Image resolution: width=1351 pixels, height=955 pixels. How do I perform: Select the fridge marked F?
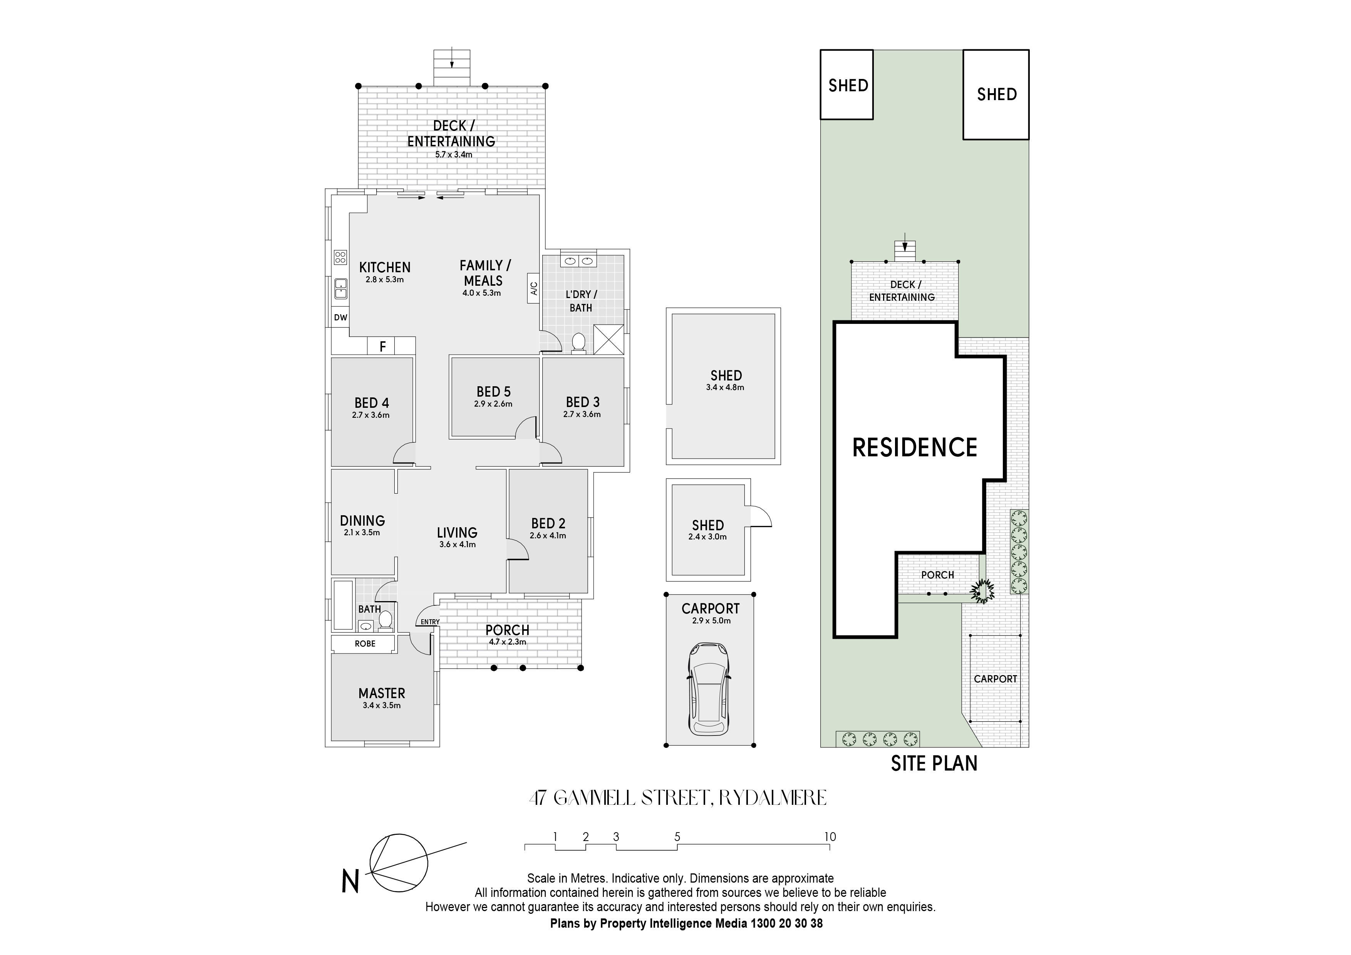click(382, 346)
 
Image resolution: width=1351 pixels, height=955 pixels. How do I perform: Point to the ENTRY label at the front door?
click(430, 622)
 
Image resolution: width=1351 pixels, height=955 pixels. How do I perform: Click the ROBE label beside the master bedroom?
click(365, 644)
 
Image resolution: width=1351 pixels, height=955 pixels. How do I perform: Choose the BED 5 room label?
click(494, 392)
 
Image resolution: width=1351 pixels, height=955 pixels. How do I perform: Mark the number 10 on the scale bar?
click(830, 837)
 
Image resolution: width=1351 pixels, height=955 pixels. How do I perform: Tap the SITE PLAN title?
click(934, 763)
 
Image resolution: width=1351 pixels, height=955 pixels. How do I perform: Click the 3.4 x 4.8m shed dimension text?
click(726, 388)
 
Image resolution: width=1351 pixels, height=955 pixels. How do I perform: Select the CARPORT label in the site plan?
click(995, 679)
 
